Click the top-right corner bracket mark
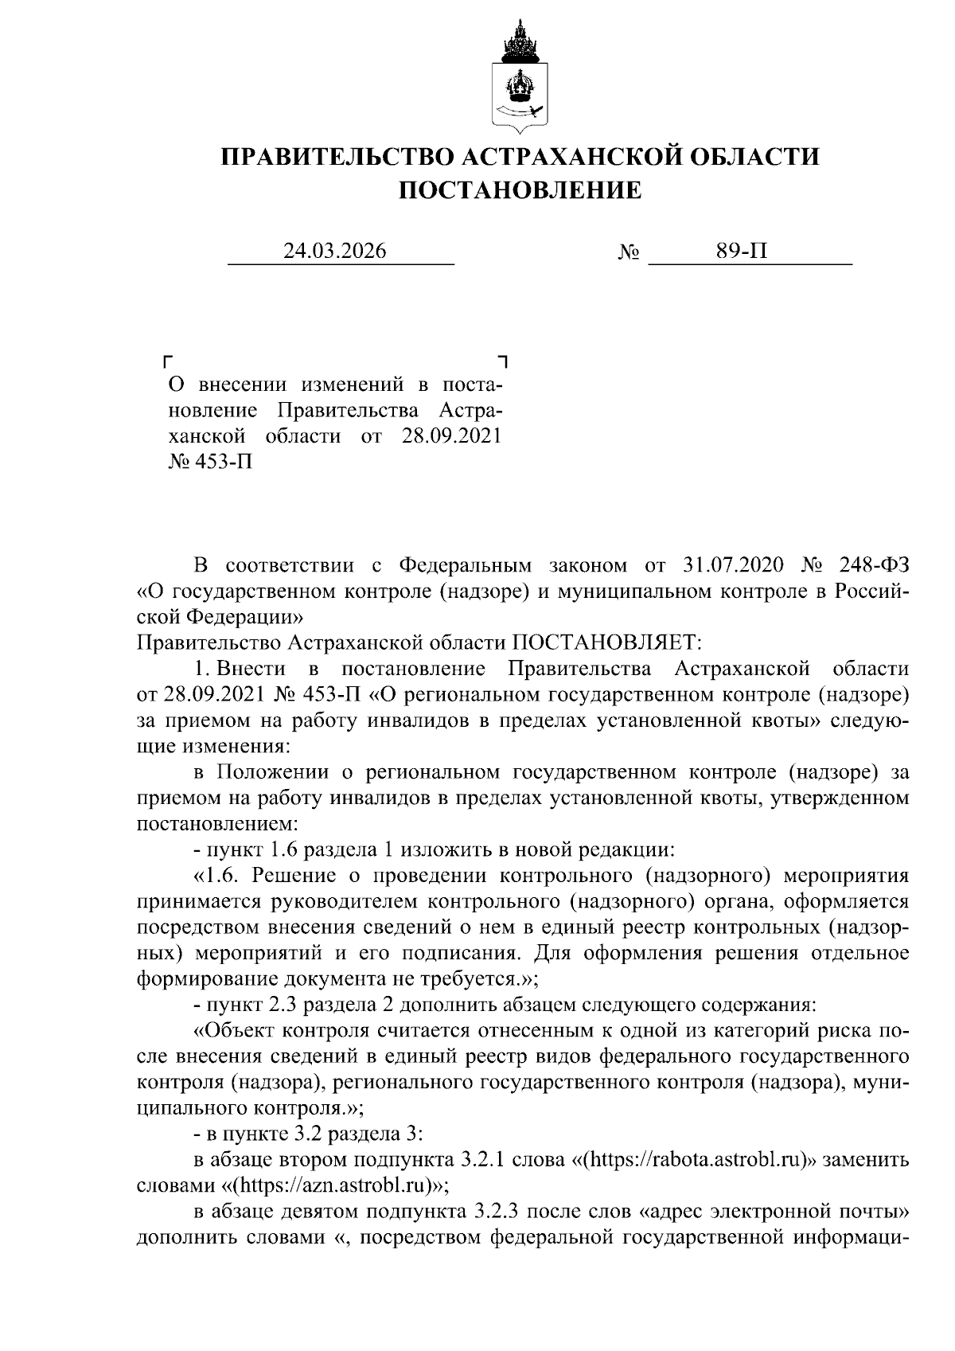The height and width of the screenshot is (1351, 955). click(501, 361)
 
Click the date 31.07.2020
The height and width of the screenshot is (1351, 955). click(728, 566)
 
